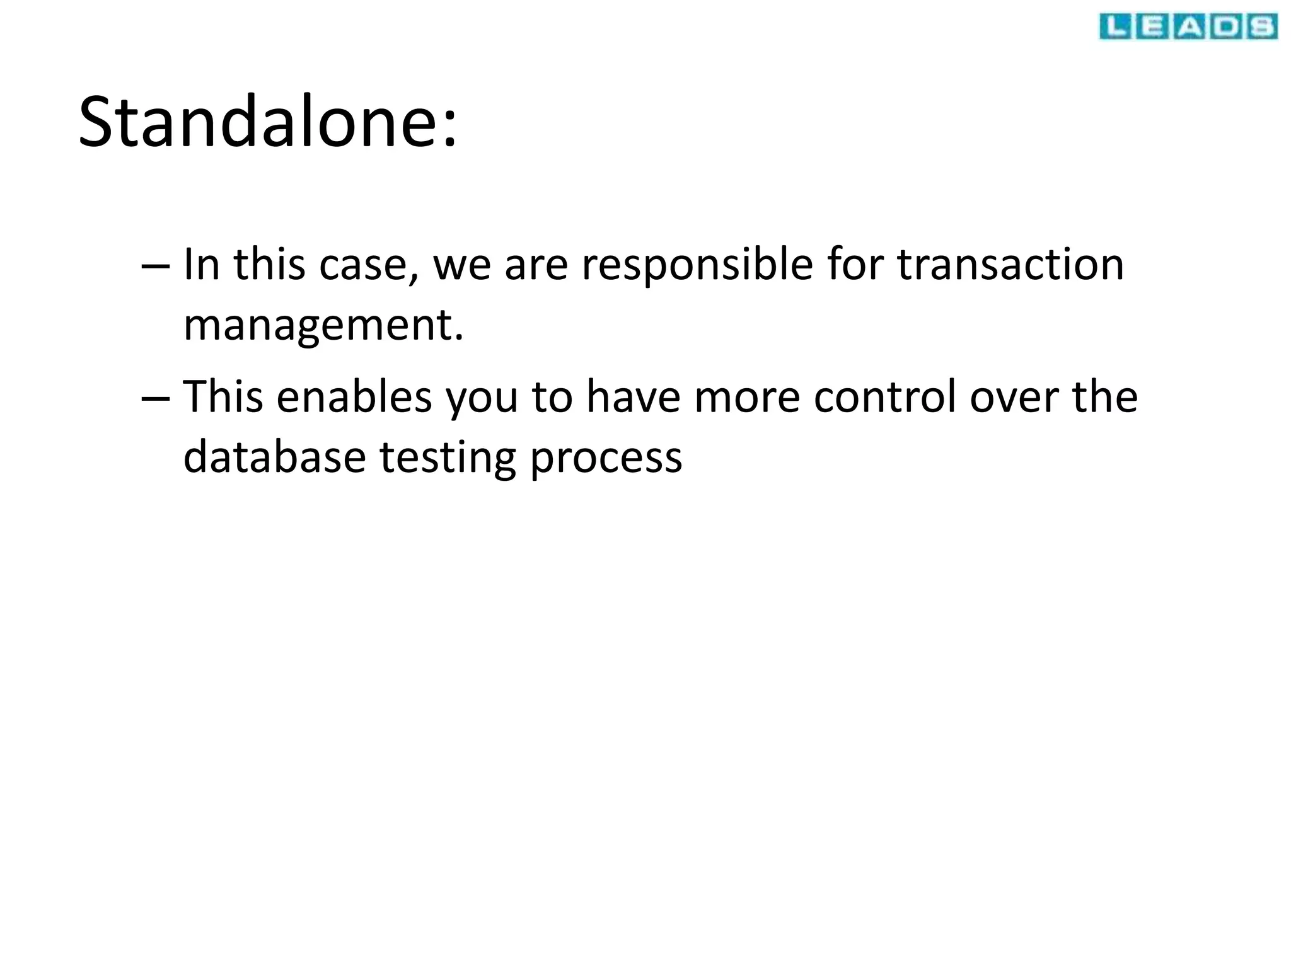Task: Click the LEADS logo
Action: pos(1188,27)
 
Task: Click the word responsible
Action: pos(697,265)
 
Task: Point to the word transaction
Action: pos(1010,265)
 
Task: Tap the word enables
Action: pos(354,397)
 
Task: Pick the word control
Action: pos(884,397)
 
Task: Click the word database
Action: pos(274,457)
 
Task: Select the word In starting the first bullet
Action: pos(201,265)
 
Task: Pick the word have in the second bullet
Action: pos(633,397)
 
